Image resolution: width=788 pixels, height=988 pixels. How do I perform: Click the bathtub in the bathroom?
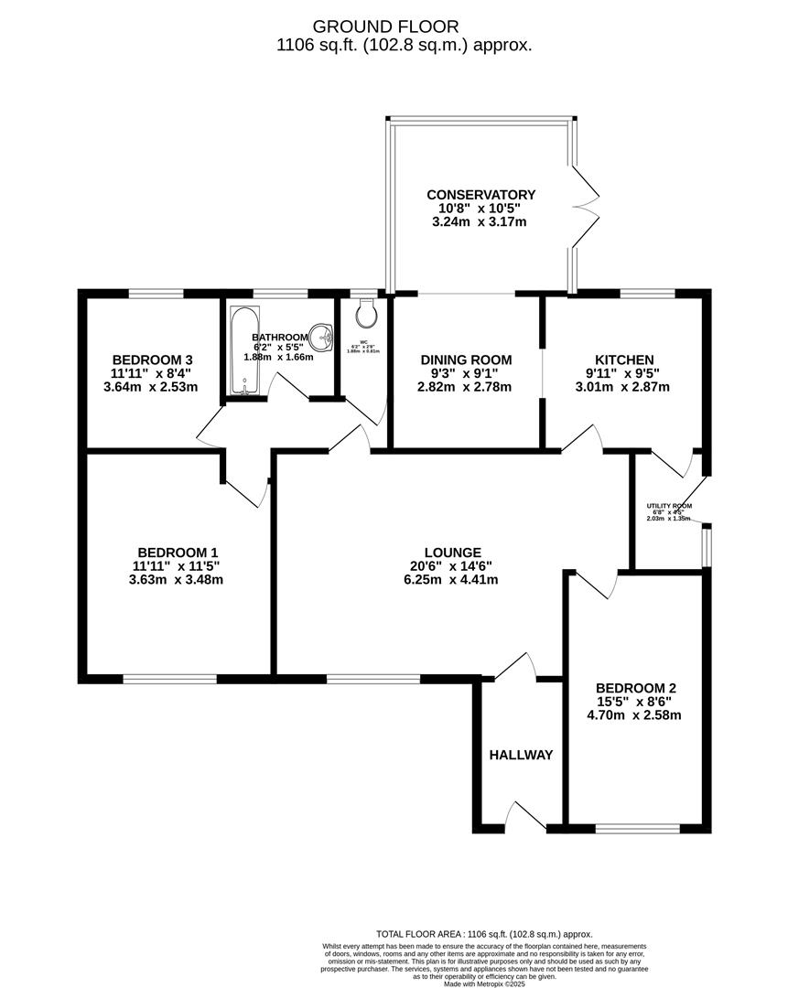pos(243,352)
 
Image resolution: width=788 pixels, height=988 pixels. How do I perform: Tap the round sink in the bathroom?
pos(322,338)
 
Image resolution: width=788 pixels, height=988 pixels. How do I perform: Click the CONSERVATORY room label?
pos(480,195)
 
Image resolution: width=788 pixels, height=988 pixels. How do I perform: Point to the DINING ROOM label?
pos(465,360)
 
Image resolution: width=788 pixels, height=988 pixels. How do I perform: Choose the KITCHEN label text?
pos(623,360)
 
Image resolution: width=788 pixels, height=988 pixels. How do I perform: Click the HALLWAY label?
pos(521,755)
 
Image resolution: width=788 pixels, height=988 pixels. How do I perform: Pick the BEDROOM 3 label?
pos(152,360)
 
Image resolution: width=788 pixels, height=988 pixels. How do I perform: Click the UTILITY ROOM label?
pos(669,506)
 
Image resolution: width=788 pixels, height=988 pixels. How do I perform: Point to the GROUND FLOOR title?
pos(398,27)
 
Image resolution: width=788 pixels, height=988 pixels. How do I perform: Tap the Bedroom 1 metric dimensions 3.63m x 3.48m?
pos(178,579)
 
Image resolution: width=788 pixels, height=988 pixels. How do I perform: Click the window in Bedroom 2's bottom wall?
pos(637,829)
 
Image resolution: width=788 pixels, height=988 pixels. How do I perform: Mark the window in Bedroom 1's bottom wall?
pos(170,679)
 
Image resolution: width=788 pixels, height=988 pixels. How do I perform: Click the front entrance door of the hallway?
pos(527,818)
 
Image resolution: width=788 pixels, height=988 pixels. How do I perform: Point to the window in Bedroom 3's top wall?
pos(155,293)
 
